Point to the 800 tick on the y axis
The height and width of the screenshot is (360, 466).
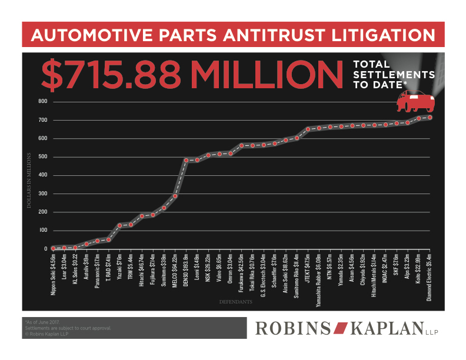(42, 101)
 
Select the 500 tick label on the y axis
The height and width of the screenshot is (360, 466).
(42, 157)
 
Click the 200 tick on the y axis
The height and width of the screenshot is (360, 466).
(42, 212)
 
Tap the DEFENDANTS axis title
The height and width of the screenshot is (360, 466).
(236, 302)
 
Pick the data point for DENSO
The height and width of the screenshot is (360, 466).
(186, 160)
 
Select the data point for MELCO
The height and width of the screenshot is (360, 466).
(175, 196)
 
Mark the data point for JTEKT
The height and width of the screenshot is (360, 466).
(308, 129)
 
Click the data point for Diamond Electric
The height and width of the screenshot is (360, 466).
(430, 118)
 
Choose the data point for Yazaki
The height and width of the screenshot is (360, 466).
(119, 225)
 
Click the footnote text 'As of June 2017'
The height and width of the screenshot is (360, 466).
(44, 323)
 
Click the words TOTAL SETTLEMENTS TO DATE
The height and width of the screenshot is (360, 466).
(393, 75)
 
